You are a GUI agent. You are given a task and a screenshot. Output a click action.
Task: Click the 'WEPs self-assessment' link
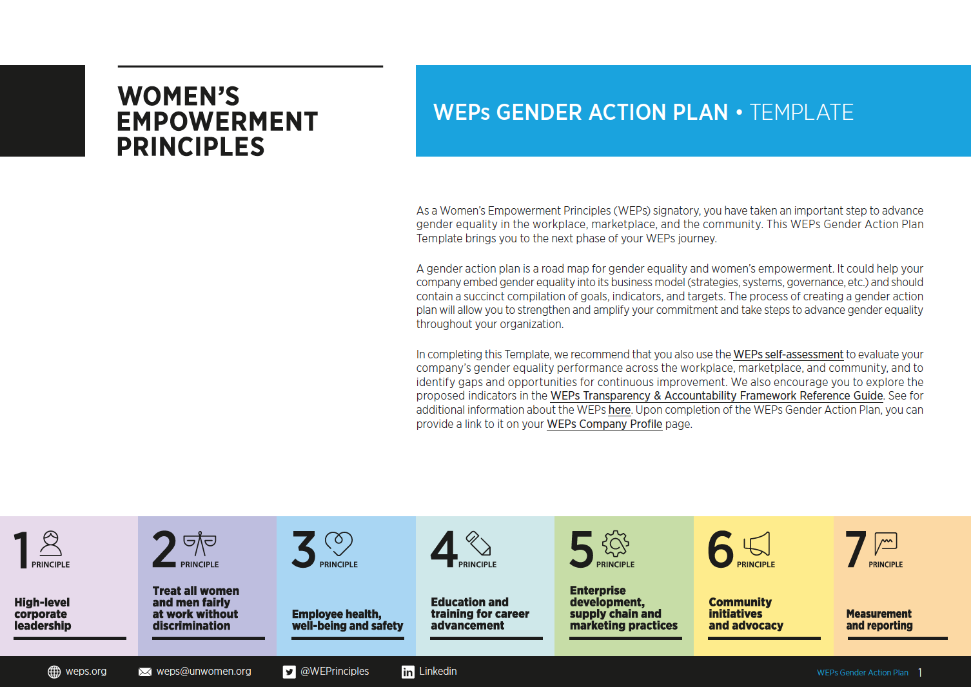(x=788, y=354)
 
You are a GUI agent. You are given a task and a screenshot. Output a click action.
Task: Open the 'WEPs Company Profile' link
(x=604, y=424)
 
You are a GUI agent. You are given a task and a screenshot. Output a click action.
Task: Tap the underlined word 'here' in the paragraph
(x=619, y=410)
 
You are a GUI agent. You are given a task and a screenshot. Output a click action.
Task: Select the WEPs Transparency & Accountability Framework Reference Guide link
(x=716, y=396)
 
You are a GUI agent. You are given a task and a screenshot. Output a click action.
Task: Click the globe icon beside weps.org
(x=54, y=672)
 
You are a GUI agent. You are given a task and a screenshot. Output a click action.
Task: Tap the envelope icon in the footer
(x=145, y=672)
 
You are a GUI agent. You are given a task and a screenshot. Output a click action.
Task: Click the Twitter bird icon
(x=289, y=672)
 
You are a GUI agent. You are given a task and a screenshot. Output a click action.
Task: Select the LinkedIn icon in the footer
(x=408, y=672)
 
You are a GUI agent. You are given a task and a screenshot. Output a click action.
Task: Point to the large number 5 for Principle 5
(x=581, y=549)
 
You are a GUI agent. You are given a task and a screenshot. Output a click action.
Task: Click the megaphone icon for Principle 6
(x=757, y=544)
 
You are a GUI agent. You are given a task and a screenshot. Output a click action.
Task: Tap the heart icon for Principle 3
(x=339, y=544)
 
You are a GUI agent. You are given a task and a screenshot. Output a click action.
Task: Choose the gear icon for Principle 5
(x=616, y=544)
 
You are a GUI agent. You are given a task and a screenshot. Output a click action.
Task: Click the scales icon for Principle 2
(x=199, y=544)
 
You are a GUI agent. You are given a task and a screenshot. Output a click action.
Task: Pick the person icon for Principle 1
(x=51, y=543)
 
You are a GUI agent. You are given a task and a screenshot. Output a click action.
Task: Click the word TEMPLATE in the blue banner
(x=801, y=112)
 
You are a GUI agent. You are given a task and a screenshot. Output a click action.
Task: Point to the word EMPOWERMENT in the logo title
(x=217, y=121)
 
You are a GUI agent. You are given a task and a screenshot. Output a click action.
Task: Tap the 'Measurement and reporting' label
(x=879, y=619)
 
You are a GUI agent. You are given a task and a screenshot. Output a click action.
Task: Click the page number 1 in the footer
(x=920, y=673)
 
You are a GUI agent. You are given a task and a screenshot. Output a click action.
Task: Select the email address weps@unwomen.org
(x=204, y=672)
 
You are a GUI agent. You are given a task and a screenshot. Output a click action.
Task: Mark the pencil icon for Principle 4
(x=478, y=543)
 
